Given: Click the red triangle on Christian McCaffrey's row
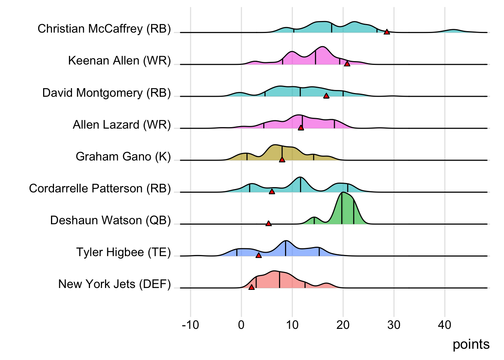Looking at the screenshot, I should pos(387,32).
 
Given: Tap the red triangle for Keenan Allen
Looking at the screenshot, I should pos(347,64).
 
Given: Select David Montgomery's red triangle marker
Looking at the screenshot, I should pos(326,96).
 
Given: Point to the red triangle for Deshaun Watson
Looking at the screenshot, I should pos(268,223).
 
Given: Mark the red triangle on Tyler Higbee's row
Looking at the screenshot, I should pos(258,255).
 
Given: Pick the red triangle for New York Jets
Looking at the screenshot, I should pos(251,287).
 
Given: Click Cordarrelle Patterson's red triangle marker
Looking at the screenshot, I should pos(272,192).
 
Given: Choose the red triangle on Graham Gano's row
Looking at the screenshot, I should pos(282,160).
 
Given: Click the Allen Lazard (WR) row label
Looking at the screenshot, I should pos(121,125).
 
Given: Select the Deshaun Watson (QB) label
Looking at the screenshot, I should pos(110,220).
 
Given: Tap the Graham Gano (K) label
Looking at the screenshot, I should pos(123,157).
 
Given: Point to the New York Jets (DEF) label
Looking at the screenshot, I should pos(114,284).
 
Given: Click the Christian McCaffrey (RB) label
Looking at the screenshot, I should pos(104,29).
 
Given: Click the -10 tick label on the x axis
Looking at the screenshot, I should pos(190,325).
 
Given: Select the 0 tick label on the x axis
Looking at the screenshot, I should pos(241,325).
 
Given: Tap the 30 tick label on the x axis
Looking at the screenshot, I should pos(394,325).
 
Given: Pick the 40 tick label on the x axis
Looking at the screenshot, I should pos(444,325).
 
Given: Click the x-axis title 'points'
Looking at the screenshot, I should pos(471,344).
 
